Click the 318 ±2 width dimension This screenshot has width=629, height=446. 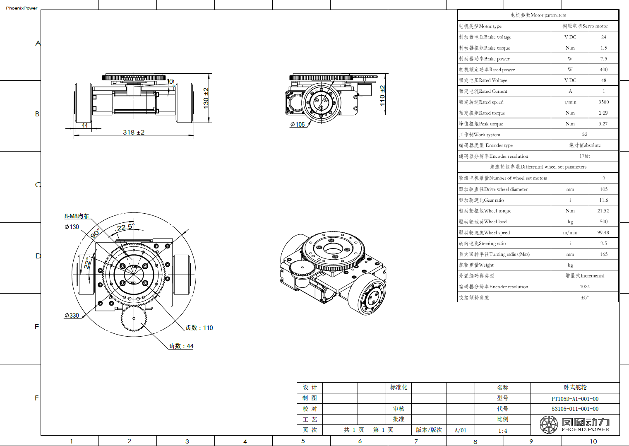134,132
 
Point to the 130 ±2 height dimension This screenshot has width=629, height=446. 206,98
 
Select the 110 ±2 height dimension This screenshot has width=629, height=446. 382,96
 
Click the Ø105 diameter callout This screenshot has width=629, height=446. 298,124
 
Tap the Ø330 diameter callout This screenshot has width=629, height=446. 72,315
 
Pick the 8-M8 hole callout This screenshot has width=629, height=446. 77,216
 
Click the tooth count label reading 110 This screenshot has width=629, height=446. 199,328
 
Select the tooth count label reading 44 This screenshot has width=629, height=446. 181,346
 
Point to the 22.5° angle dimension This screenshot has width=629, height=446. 126,227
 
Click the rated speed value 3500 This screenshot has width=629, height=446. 603,102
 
